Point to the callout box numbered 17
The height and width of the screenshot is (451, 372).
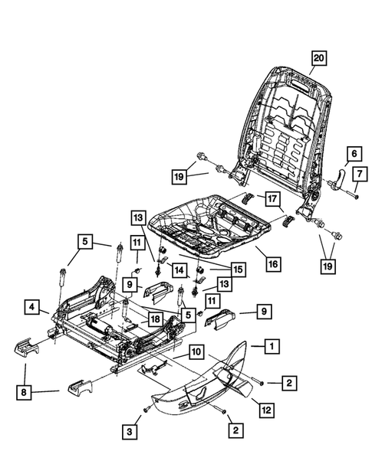click(272, 199)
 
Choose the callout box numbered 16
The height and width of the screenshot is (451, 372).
click(273, 263)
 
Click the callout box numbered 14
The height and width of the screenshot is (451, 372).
click(178, 270)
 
